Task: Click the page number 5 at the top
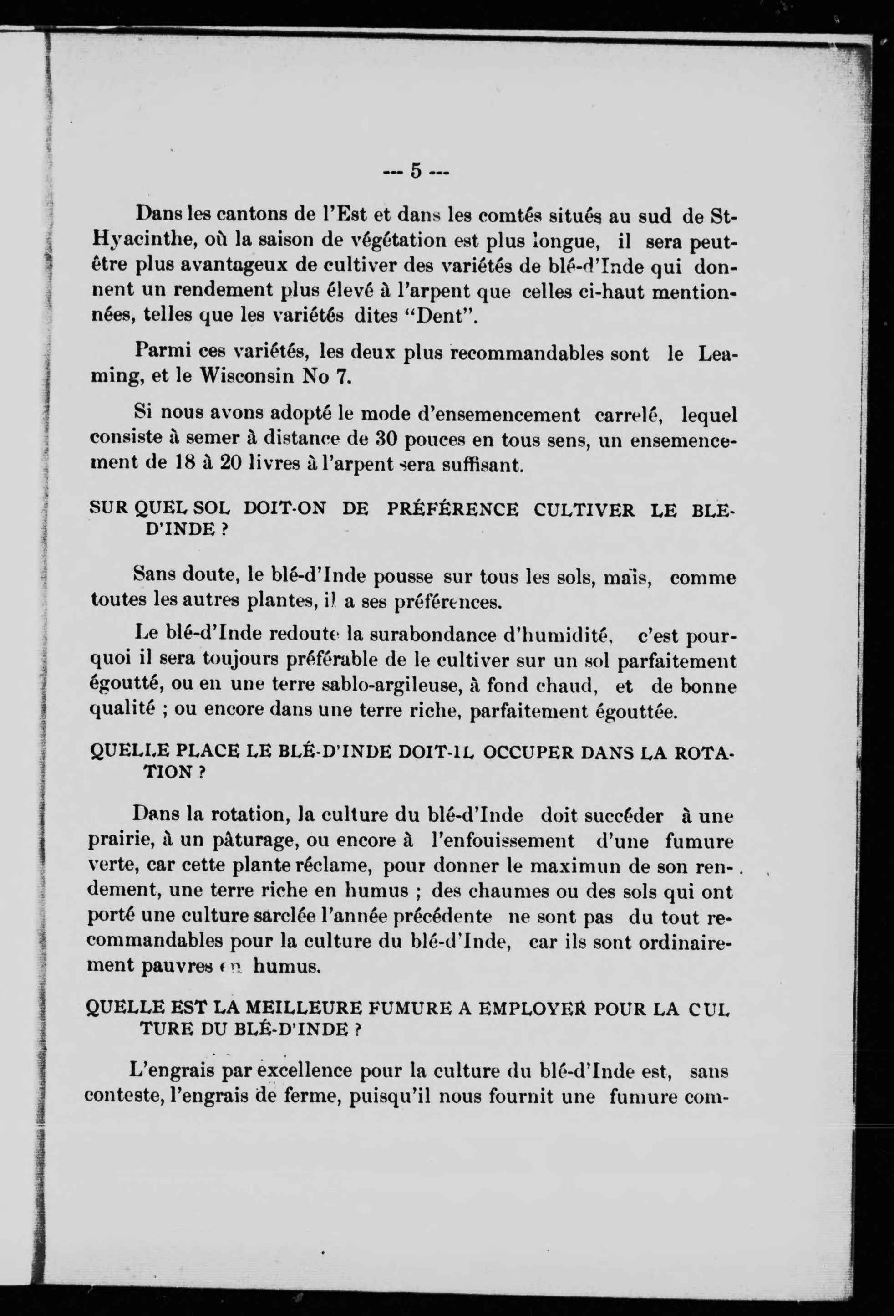416,170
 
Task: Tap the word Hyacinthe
143,241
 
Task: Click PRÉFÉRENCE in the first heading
452,510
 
